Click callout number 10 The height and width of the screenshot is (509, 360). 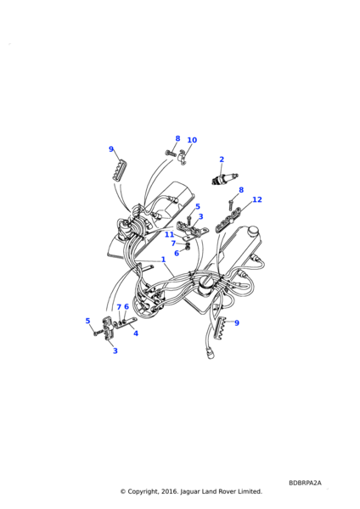pos(192,140)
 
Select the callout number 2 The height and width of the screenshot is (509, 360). pos(222,159)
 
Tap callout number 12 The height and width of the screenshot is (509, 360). pos(257,199)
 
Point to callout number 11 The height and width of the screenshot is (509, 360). pos(169,234)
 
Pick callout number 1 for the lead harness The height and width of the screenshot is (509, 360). pos(163,260)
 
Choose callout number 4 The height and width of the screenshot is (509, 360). pos(136,333)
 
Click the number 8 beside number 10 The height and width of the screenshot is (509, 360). pos(177,138)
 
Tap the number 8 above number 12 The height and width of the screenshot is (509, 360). pos(241,190)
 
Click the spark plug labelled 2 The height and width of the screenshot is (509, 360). pos(223,179)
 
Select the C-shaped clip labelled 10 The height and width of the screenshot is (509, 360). pos(183,158)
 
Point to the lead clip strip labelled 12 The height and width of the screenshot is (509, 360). pos(228,220)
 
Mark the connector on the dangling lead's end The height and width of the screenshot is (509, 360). pos(211,353)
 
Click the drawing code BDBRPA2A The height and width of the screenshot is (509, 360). pos(305,483)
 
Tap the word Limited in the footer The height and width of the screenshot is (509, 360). pos(250,491)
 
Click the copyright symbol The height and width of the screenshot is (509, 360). pos(122,491)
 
